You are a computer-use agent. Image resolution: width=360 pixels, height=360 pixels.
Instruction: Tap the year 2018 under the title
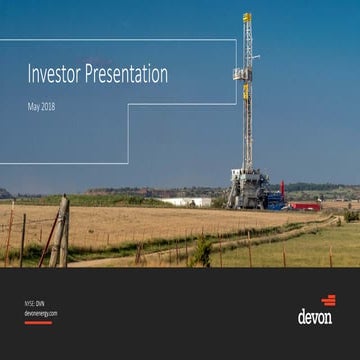click(x=47, y=105)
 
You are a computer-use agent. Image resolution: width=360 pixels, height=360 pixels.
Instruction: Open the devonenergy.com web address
click(x=41, y=313)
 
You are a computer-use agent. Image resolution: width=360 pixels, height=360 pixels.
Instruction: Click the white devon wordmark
click(x=315, y=317)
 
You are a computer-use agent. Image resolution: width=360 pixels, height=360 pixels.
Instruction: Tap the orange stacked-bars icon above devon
click(x=328, y=300)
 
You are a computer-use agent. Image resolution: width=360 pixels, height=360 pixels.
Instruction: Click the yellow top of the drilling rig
click(x=246, y=18)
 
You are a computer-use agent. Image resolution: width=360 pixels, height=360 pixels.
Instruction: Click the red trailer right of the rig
click(x=304, y=205)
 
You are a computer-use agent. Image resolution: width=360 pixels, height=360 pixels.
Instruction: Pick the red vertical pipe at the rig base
click(x=282, y=190)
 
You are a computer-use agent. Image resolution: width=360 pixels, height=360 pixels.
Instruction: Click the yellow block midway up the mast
click(x=246, y=92)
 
